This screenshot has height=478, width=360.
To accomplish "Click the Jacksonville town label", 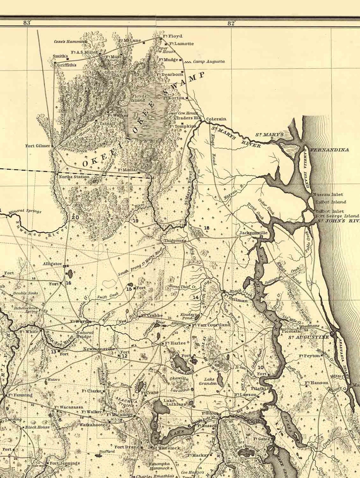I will click(253, 233).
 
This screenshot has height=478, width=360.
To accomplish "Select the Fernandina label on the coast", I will click(330, 150).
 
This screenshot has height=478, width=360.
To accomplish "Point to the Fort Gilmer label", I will click(38, 146).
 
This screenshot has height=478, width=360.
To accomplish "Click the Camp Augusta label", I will click(209, 62).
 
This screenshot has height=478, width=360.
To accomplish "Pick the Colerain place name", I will click(216, 119).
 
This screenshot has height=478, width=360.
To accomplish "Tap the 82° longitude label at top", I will click(232, 23).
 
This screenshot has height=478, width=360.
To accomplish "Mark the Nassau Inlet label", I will click(328, 195).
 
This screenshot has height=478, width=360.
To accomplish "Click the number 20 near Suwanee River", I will click(75, 217).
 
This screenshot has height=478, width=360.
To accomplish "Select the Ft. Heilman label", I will click(236, 300).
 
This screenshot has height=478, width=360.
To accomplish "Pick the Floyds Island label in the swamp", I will click(139, 98).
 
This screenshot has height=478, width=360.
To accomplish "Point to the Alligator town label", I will click(52, 263).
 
